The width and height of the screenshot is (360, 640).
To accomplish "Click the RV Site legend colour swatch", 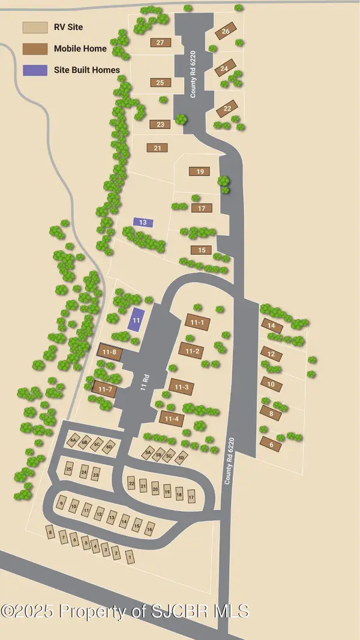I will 35,28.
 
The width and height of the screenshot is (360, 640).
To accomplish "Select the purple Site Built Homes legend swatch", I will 35,70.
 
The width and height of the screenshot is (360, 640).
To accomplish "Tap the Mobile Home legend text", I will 80,49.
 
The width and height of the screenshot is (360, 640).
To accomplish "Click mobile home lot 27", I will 160,43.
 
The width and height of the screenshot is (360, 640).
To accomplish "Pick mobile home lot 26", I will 226,31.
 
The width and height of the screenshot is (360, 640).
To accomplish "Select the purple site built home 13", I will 143,223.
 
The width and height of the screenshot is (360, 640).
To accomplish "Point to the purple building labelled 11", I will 137,320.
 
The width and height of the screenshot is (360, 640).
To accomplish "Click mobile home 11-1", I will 197,323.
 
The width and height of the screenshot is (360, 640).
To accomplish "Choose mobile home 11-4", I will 171,418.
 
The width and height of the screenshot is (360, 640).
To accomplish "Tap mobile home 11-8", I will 109,352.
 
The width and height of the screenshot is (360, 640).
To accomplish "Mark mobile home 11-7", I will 106,389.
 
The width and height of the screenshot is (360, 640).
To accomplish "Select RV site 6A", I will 74,440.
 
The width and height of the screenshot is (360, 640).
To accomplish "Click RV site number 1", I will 129,557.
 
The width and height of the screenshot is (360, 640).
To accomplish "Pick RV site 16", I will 149,530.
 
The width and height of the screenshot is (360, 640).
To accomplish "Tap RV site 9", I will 61,503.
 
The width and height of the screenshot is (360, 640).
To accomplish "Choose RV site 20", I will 155,489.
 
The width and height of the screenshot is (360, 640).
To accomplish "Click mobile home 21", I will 157,148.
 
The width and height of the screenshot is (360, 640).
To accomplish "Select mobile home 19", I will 200,172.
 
